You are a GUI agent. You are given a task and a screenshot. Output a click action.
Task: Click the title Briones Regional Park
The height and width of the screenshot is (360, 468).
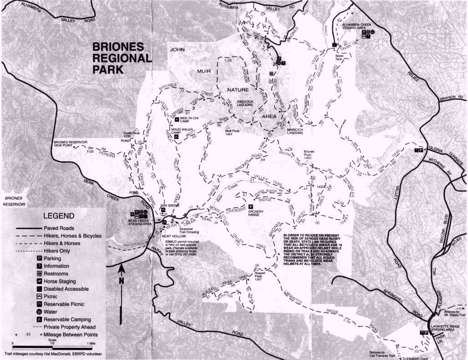(122, 58)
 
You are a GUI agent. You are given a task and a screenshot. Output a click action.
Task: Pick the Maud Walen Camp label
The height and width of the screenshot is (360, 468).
(182, 132)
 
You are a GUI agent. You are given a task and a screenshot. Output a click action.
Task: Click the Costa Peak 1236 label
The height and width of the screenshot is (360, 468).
(129, 135)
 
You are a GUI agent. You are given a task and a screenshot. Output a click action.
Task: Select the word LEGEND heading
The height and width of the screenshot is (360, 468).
(58, 215)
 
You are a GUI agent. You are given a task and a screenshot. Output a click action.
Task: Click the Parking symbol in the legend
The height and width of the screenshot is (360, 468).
(40, 259)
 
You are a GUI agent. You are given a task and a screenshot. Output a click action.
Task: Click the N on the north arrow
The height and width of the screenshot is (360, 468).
(121, 281)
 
